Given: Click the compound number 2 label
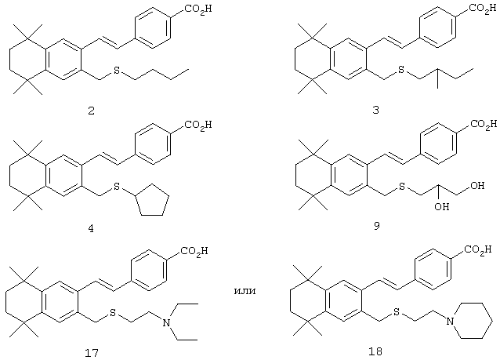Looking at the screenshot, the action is (91, 111).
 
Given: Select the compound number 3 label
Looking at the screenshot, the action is (376, 110).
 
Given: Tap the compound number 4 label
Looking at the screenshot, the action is (91, 228).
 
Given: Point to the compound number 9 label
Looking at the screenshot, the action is (377, 226).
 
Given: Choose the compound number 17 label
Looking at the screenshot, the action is (91, 353).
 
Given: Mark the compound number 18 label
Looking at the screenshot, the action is (375, 351).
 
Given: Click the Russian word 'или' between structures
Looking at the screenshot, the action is (245, 292).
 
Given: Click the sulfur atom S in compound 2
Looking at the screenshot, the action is (117, 71).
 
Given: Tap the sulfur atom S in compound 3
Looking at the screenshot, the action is (401, 69).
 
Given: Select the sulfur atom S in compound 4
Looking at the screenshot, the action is (117, 186).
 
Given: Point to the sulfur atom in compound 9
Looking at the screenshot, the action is (402, 186).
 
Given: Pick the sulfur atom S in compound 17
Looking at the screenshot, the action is (112, 313).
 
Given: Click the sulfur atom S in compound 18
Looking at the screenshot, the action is (397, 312).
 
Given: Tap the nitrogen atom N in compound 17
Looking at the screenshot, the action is (166, 323).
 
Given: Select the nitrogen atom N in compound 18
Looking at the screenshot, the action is (450, 321).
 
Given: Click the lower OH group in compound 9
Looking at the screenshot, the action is (442, 207).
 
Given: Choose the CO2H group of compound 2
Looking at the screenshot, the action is (198, 9).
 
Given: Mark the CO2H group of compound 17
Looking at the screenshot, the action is (194, 251).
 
